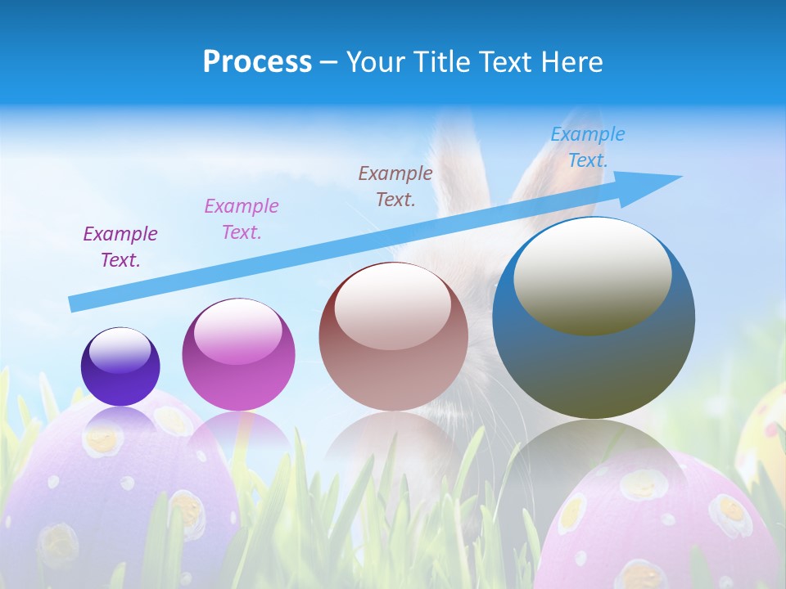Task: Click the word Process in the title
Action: click(257, 62)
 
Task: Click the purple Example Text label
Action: click(120, 247)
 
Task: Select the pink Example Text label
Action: click(242, 218)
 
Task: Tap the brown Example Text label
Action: click(395, 186)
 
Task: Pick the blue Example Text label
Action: click(588, 147)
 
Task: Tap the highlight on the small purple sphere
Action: click(120, 349)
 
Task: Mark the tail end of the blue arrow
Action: click(73, 304)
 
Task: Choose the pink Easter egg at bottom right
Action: click(655, 524)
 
